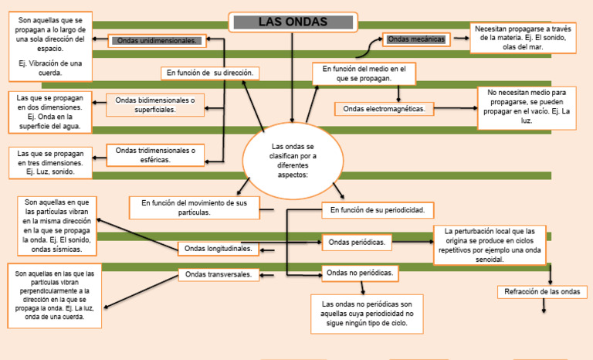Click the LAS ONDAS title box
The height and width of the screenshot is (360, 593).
pos(293,22)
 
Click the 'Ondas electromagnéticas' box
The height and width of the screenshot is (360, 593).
pos(385,109)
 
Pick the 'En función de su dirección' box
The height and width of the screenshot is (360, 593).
pos(208,73)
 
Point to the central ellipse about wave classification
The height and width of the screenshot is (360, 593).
pos(293,160)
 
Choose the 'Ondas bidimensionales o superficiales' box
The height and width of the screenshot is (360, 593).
pos(155,105)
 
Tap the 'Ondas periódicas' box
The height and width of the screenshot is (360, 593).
pos(357,243)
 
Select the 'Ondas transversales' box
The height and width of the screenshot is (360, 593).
pos(219,274)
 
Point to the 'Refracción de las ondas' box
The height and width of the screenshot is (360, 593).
pos(541,291)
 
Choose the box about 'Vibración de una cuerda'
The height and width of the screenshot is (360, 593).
pos(50,46)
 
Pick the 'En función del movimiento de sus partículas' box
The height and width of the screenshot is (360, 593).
pos(194,207)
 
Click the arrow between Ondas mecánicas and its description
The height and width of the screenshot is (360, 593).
pos(461,38)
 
